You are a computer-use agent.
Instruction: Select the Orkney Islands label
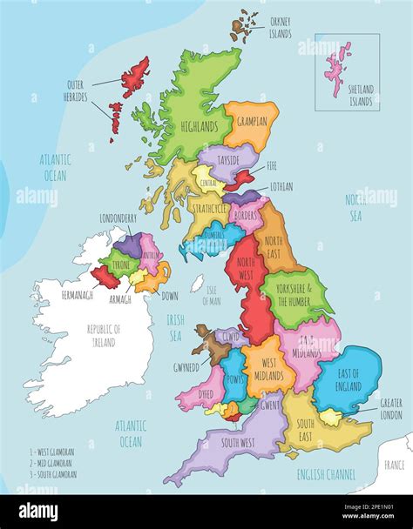(x=281, y=29)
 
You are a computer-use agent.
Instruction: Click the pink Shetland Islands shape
(x=337, y=67)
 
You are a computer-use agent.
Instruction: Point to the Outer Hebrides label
(x=76, y=90)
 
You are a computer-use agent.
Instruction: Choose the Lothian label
(x=281, y=186)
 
